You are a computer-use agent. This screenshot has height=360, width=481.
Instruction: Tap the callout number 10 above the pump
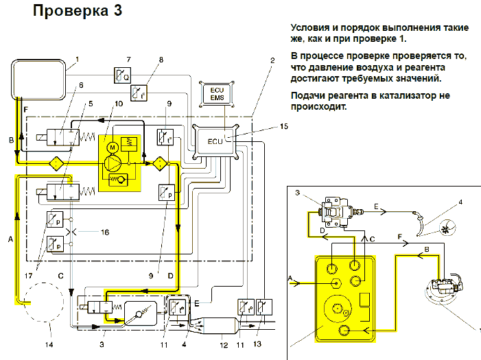coord(119,104)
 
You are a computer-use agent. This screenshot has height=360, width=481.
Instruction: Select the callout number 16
coord(104,232)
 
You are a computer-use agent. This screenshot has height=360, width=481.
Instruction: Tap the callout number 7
coord(128,60)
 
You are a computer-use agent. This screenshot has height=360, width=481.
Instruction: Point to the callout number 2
coord(272,60)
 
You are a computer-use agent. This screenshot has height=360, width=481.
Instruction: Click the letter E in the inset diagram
coord(377,206)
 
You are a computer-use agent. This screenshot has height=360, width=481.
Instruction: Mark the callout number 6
coord(80,85)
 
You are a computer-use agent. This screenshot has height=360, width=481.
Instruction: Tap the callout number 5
coord(89,104)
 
